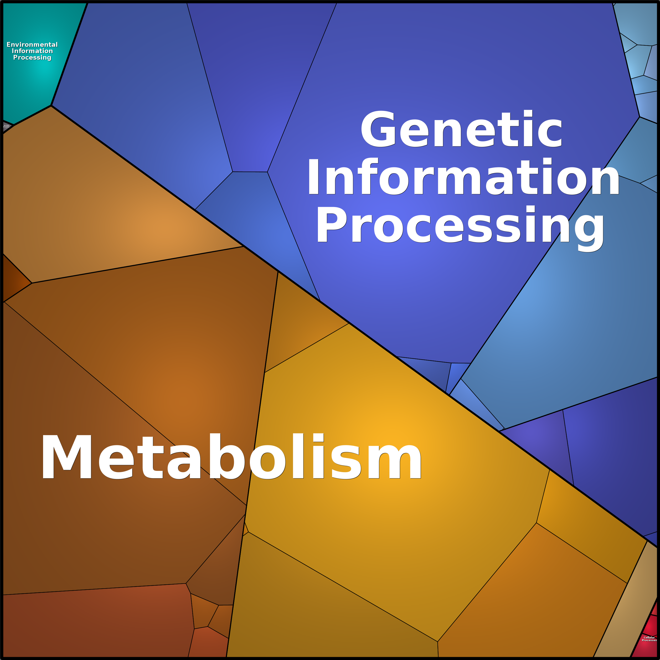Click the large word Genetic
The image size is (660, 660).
point(461,130)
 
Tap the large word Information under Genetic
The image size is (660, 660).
point(463,178)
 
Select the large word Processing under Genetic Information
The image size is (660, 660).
point(460,225)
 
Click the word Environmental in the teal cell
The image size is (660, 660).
point(32,44)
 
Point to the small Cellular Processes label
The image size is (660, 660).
point(649,638)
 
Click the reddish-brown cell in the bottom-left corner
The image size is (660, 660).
point(96,625)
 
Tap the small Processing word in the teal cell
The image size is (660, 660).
point(32,57)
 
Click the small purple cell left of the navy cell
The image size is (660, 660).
point(540,444)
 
